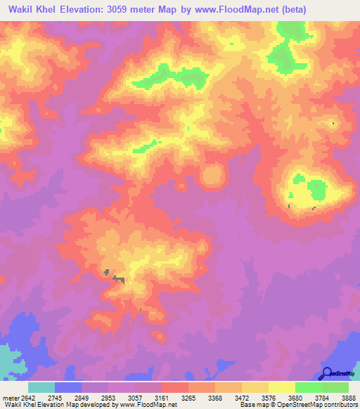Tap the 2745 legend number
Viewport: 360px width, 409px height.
(64, 396)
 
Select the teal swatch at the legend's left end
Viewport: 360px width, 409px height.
(41, 387)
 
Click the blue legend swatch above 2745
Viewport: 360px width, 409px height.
(68, 387)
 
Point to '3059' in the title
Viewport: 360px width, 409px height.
(125, 9)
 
